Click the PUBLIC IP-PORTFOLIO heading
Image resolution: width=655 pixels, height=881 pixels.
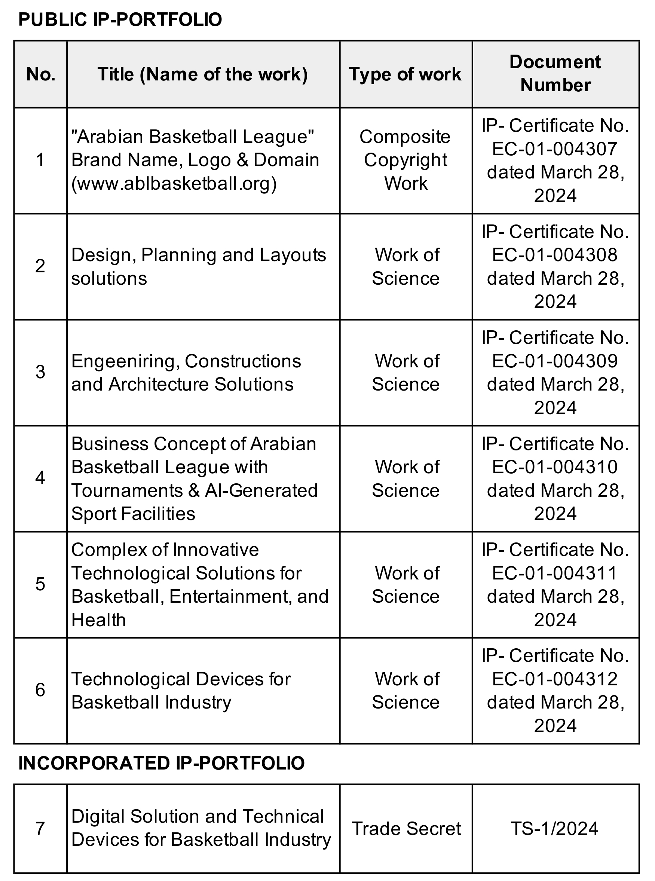coord(120,20)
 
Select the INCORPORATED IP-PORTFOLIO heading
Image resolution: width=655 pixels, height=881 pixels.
coord(161,763)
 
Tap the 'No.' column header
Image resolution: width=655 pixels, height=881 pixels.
coord(40,74)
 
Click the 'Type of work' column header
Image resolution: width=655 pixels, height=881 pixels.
coord(405,74)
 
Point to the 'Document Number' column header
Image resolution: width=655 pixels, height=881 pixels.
coord(555,73)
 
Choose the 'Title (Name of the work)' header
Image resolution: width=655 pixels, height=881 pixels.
coord(203,74)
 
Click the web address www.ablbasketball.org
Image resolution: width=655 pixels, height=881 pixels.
coord(174,183)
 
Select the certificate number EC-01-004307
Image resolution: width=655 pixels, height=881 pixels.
coord(555,149)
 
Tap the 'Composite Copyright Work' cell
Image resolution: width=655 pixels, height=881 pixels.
coord(405,160)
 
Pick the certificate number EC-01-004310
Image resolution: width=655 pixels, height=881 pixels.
coord(555,467)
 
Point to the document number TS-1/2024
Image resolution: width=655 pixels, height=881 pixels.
coord(555,828)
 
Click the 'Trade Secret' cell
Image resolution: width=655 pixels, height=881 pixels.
coord(406,828)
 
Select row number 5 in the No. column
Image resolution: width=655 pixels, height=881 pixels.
coord(40,584)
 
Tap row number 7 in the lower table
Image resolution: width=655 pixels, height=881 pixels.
coord(40,828)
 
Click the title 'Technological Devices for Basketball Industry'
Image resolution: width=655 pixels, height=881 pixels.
coord(181,691)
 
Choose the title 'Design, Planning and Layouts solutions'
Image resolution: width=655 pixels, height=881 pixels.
coord(198,266)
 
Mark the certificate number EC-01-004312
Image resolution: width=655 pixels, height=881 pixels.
coord(555,679)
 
